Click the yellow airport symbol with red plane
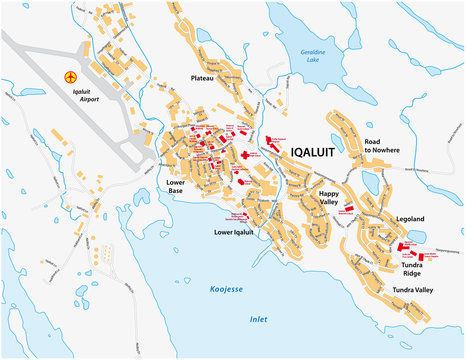click(x=70, y=77)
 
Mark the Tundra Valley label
click(x=412, y=290)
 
